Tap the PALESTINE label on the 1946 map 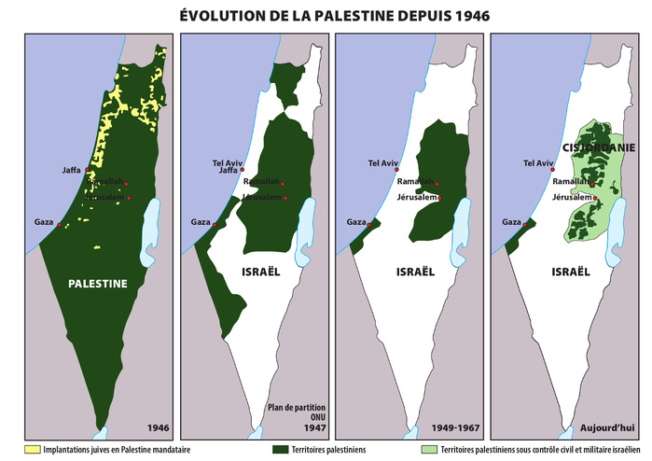tap(98, 285)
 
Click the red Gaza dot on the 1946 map tap(60, 225)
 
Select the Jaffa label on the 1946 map tap(71, 170)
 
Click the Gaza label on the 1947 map tap(200, 222)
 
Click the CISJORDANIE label tap(599, 147)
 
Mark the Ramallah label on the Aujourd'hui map tap(570, 182)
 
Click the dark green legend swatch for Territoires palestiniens tap(277, 449)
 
